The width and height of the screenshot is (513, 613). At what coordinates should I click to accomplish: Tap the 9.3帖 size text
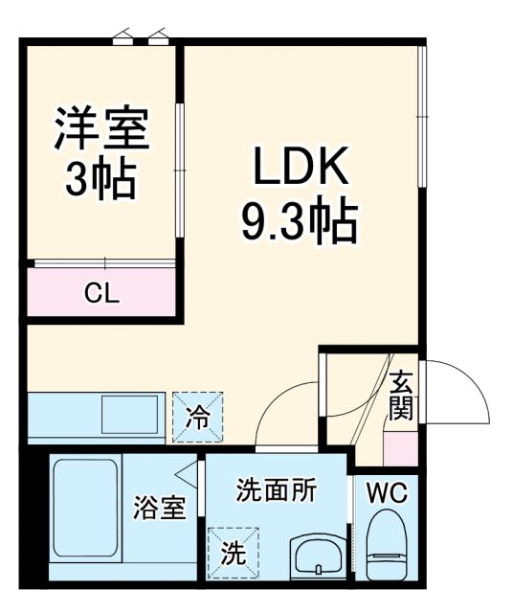pos(298,222)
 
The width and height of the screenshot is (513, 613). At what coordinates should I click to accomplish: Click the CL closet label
pos(101,293)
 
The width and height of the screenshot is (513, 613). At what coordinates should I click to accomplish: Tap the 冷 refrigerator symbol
pos(197,417)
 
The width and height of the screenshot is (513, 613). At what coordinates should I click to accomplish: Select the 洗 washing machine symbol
pos(233,553)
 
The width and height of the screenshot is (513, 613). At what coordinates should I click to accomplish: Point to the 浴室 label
pos(160,508)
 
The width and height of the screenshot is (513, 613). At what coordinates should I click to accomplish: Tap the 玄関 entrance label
pos(401,396)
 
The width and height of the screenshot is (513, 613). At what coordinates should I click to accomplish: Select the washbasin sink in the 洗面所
pos(318,556)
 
